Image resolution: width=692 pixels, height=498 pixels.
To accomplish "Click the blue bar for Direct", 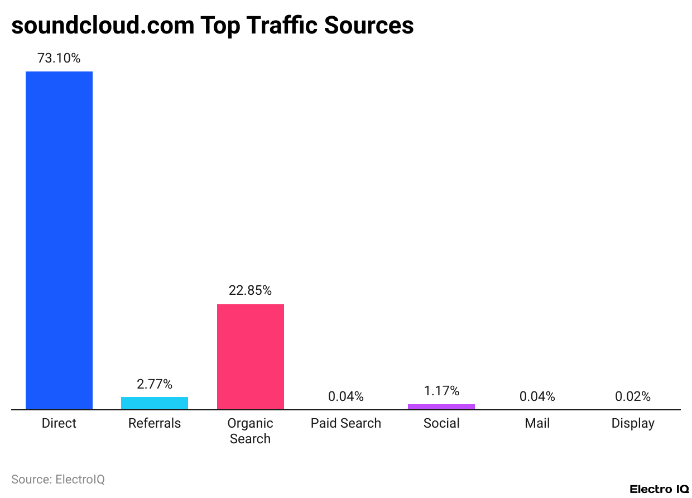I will [59, 240].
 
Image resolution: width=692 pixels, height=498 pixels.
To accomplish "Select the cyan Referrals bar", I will [155, 403].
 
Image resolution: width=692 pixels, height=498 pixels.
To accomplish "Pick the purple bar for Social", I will [441, 406].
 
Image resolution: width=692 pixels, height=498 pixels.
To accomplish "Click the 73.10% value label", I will [59, 58].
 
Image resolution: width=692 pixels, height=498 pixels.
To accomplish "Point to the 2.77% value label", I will [155, 384].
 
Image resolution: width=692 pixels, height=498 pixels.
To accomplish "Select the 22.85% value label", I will [250, 290].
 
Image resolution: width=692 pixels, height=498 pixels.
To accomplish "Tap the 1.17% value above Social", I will [441, 391].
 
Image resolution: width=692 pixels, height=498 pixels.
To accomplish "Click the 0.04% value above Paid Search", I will [345, 396].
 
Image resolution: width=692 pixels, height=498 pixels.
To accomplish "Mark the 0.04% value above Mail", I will [537, 396].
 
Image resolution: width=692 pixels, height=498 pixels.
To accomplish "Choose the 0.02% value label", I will [633, 396].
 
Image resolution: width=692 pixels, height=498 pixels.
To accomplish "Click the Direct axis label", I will [59, 423].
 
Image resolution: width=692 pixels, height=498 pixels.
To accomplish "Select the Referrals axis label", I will [155, 423].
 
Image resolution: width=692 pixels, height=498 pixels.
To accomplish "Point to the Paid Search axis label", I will [345, 423].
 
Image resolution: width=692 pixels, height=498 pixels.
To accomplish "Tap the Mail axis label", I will [537, 423].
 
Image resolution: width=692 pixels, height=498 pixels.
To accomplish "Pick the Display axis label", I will [633, 423].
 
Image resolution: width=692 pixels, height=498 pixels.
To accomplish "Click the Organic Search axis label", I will [250, 431].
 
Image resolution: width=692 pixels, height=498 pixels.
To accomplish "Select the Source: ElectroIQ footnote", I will [58, 479].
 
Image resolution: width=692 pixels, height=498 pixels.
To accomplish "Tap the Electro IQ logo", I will [659, 489].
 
